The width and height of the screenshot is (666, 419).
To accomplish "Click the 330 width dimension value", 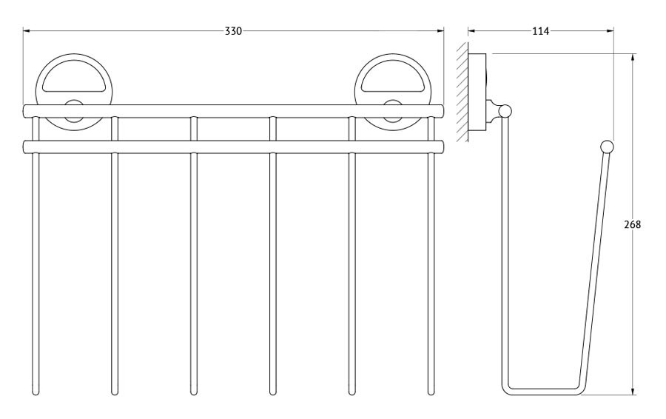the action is pos(233,31).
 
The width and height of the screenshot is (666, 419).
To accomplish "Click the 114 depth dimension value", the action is pos(540,31).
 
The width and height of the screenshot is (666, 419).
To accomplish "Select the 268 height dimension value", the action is pos(633,225).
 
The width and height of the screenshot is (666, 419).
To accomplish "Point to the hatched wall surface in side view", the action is pos(462,92).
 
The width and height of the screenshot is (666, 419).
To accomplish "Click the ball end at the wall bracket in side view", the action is pos(505,111).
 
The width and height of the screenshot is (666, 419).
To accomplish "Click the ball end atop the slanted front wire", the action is pos(607,147).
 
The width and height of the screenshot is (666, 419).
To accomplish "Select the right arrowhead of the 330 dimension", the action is pos(440,31).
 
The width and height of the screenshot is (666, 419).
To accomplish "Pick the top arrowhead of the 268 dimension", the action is pos(633,57).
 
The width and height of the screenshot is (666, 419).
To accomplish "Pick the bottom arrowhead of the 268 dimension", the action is pos(633,391).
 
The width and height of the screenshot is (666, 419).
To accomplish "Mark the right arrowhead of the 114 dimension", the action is pos(610,31).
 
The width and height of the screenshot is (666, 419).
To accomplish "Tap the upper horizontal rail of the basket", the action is pos(233,111).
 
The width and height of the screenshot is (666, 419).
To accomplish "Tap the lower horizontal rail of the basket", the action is pos(233,147).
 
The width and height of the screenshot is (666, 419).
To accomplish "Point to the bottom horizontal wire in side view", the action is pos(544,392).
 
